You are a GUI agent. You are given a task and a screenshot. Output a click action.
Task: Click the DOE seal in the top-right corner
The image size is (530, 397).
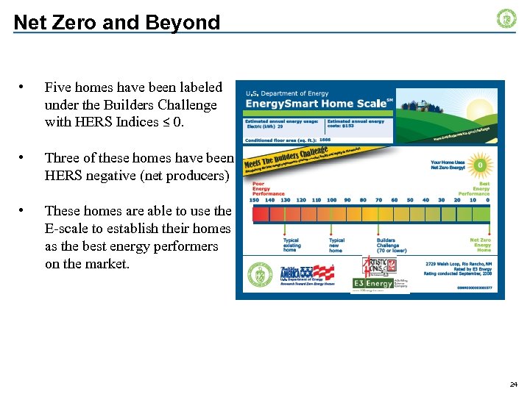pos(506,18)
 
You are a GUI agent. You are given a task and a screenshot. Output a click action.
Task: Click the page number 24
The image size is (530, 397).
pos(513,385)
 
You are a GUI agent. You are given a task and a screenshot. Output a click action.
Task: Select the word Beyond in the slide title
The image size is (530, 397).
pos(185,23)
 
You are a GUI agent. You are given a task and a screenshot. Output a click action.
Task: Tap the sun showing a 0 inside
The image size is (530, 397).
pos(480,165)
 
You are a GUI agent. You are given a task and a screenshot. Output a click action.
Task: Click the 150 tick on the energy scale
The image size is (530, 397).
pos(255,200)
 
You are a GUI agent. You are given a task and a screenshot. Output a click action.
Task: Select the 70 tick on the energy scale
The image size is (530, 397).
pos(378,200)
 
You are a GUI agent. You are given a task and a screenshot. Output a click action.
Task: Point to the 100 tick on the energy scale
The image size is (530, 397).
pos(332,200)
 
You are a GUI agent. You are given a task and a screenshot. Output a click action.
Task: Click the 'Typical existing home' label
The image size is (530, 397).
pos(291,245)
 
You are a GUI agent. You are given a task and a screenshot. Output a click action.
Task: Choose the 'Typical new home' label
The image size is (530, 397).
pos(336,245)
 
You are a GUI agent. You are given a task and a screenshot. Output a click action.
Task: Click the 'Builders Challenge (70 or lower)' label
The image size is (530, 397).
pos(391,245)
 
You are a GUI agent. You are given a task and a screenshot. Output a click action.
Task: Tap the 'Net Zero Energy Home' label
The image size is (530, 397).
pos(481,245)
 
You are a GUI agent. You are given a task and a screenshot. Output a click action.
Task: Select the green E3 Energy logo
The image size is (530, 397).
pos(372,283)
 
